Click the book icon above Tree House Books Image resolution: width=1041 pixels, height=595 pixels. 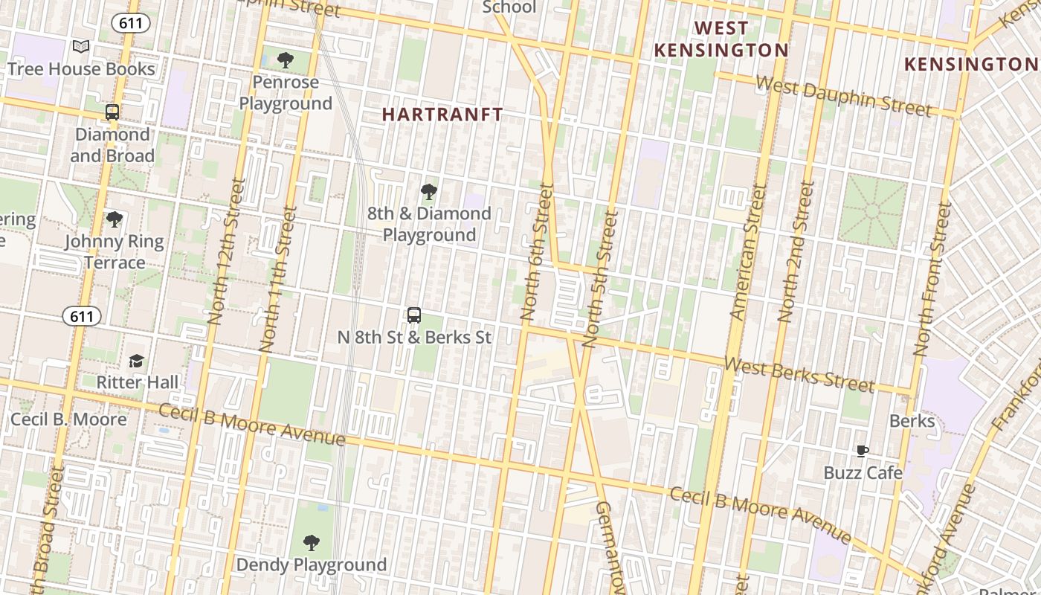81,47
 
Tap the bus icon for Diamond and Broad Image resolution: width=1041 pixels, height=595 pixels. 112,112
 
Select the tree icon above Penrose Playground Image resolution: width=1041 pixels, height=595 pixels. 285,60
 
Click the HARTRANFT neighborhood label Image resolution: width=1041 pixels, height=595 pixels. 442,115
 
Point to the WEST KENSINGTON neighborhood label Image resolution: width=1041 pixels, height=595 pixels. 721,39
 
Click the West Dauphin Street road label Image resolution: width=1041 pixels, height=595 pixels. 843,96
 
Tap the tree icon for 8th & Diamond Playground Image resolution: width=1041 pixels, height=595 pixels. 428,192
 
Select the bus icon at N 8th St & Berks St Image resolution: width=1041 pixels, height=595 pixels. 414,315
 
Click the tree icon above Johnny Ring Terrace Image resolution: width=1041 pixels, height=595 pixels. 114,219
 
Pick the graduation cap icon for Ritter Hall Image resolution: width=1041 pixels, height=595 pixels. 136,361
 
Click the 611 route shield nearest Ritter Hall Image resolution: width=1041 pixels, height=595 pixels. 81,317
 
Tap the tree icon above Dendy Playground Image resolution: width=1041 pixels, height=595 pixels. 312,543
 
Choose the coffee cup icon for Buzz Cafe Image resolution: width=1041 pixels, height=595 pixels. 863,451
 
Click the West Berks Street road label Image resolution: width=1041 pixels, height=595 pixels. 799,374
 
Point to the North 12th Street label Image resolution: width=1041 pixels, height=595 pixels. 226,251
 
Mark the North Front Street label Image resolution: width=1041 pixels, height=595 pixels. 932,279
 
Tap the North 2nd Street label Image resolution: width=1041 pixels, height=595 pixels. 796,251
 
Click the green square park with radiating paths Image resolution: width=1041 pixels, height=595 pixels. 872,211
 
